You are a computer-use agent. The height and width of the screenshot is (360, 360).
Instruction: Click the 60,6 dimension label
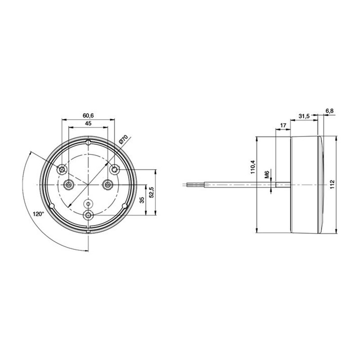pyautogui.click(x=88, y=115)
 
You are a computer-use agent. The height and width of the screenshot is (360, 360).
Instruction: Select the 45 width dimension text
pyautogui.click(x=88, y=123)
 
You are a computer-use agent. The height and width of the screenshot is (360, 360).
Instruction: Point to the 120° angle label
pyautogui.click(x=39, y=214)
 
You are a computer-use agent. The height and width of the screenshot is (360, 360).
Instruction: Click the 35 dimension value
pyautogui.click(x=142, y=199)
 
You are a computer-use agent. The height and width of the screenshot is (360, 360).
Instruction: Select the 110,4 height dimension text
pyautogui.click(x=252, y=167)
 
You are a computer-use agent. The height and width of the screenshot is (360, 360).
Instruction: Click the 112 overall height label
pyautogui.click(x=332, y=184)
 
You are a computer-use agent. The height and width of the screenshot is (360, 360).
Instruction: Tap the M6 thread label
pyautogui.click(x=267, y=174)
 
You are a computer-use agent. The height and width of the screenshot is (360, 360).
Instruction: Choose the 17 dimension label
pyautogui.click(x=283, y=125)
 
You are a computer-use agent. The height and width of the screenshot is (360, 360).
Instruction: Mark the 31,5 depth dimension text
pyautogui.click(x=304, y=116)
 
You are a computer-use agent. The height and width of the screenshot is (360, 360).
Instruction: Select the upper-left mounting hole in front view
pyautogui.click(x=62, y=169)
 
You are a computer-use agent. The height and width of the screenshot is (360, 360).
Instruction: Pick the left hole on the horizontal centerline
pyautogui.click(x=69, y=184)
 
